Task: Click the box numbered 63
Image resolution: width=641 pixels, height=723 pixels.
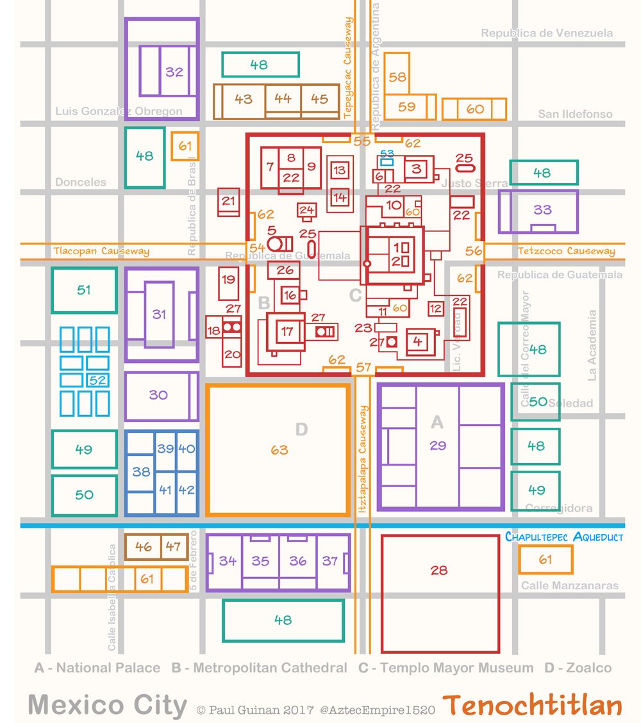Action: [279, 450]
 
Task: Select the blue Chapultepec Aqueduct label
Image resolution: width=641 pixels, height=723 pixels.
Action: [563, 537]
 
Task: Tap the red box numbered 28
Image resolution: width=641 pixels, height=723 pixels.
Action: [439, 570]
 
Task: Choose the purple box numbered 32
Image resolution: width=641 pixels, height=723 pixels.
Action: [174, 72]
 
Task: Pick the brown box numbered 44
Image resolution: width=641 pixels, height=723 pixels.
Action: [283, 99]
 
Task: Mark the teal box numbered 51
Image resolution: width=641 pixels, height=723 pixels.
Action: [84, 290]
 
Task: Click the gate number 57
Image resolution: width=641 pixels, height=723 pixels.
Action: [363, 368]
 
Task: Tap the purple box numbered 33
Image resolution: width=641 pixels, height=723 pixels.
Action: [542, 210]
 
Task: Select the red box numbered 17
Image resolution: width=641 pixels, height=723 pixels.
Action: [287, 331]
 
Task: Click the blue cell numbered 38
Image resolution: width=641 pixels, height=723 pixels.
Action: [141, 472]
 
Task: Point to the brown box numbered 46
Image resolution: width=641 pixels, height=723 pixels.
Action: [144, 547]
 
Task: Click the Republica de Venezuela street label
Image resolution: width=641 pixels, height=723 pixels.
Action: [547, 33]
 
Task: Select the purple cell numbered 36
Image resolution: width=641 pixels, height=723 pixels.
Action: [297, 561]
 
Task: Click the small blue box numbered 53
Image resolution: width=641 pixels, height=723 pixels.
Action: [387, 154]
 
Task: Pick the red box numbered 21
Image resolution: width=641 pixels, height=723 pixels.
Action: [228, 201]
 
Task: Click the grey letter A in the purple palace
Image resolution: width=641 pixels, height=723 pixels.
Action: [437, 421]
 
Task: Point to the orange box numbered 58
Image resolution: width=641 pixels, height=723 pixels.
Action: [397, 77]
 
